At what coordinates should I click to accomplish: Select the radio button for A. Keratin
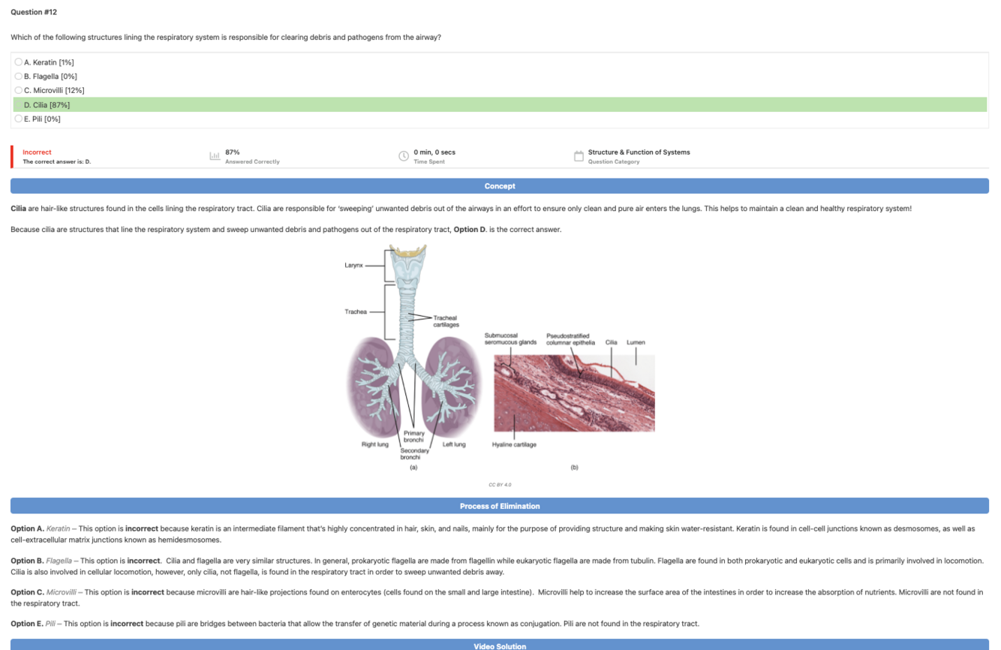(x=19, y=62)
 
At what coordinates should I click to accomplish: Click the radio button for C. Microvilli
(x=19, y=90)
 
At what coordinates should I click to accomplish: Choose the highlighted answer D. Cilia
(x=47, y=105)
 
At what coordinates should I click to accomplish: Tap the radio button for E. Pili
(x=19, y=119)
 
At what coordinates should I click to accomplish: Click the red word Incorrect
(x=37, y=152)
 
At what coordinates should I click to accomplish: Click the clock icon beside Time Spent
(x=404, y=156)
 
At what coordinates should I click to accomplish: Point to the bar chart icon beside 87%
(x=215, y=156)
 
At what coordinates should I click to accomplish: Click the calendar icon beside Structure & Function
(x=579, y=156)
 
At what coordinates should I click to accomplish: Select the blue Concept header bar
(x=500, y=186)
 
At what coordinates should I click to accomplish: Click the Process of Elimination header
(x=500, y=506)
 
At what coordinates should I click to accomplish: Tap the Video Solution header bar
(x=500, y=645)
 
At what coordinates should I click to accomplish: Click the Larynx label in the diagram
(x=353, y=266)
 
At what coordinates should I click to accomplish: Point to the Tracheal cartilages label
(x=445, y=321)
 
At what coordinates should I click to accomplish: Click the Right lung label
(x=375, y=444)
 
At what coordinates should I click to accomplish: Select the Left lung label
(x=454, y=444)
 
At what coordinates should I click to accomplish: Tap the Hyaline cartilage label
(x=514, y=444)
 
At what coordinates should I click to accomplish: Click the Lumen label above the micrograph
(x=636, y=342)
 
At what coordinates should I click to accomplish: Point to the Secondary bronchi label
(x=413, y=454)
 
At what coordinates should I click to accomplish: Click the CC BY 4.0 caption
(x=500, y=485)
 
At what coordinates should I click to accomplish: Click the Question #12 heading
(x=34, y=12)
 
